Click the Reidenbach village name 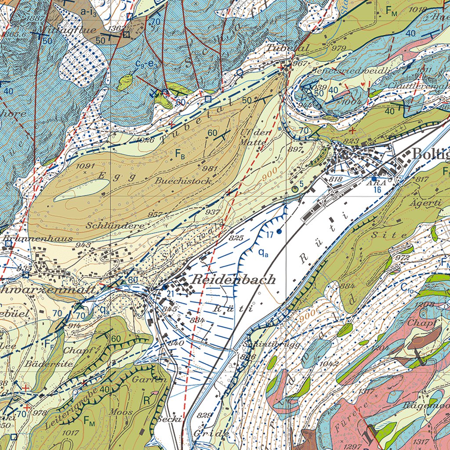click(234, 279)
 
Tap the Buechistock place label click(183, 181)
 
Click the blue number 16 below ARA click(377, 190)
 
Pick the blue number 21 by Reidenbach click(171, 294)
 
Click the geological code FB click(179, 154)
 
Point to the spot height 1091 click(85, 167)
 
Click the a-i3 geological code click(89, 12)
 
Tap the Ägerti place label click(430, 203)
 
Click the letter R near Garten click(146, 400)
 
